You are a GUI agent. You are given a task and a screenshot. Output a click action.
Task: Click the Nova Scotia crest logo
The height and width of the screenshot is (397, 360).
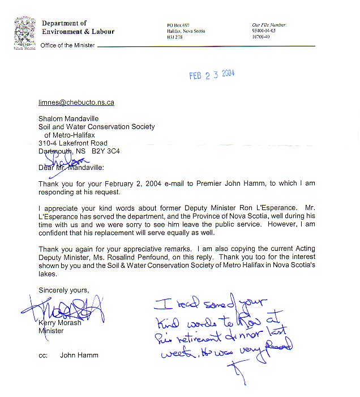click(x=23, y=33)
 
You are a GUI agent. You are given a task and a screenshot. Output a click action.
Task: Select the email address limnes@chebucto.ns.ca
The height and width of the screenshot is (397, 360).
click(x=76, y=103)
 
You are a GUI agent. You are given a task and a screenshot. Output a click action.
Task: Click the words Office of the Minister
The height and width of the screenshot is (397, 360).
click(x=64, y=45)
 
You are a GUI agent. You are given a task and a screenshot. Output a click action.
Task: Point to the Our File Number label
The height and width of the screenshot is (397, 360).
click(x=269, y=25)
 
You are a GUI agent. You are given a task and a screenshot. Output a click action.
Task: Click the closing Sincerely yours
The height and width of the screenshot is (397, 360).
click(x=63, y=290)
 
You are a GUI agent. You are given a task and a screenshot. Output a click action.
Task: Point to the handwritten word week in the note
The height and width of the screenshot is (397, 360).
click(x=173, y=356)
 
